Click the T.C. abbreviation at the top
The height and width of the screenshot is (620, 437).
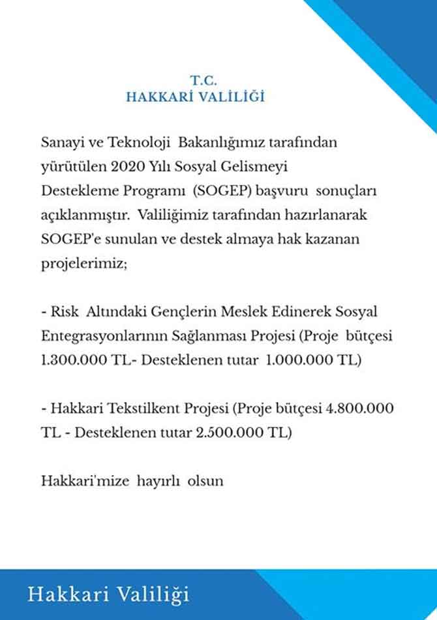(x=203, y=80)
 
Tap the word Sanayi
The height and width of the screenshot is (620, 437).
(x=59, y=142)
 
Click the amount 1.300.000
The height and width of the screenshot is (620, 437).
(x=70, y=360)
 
